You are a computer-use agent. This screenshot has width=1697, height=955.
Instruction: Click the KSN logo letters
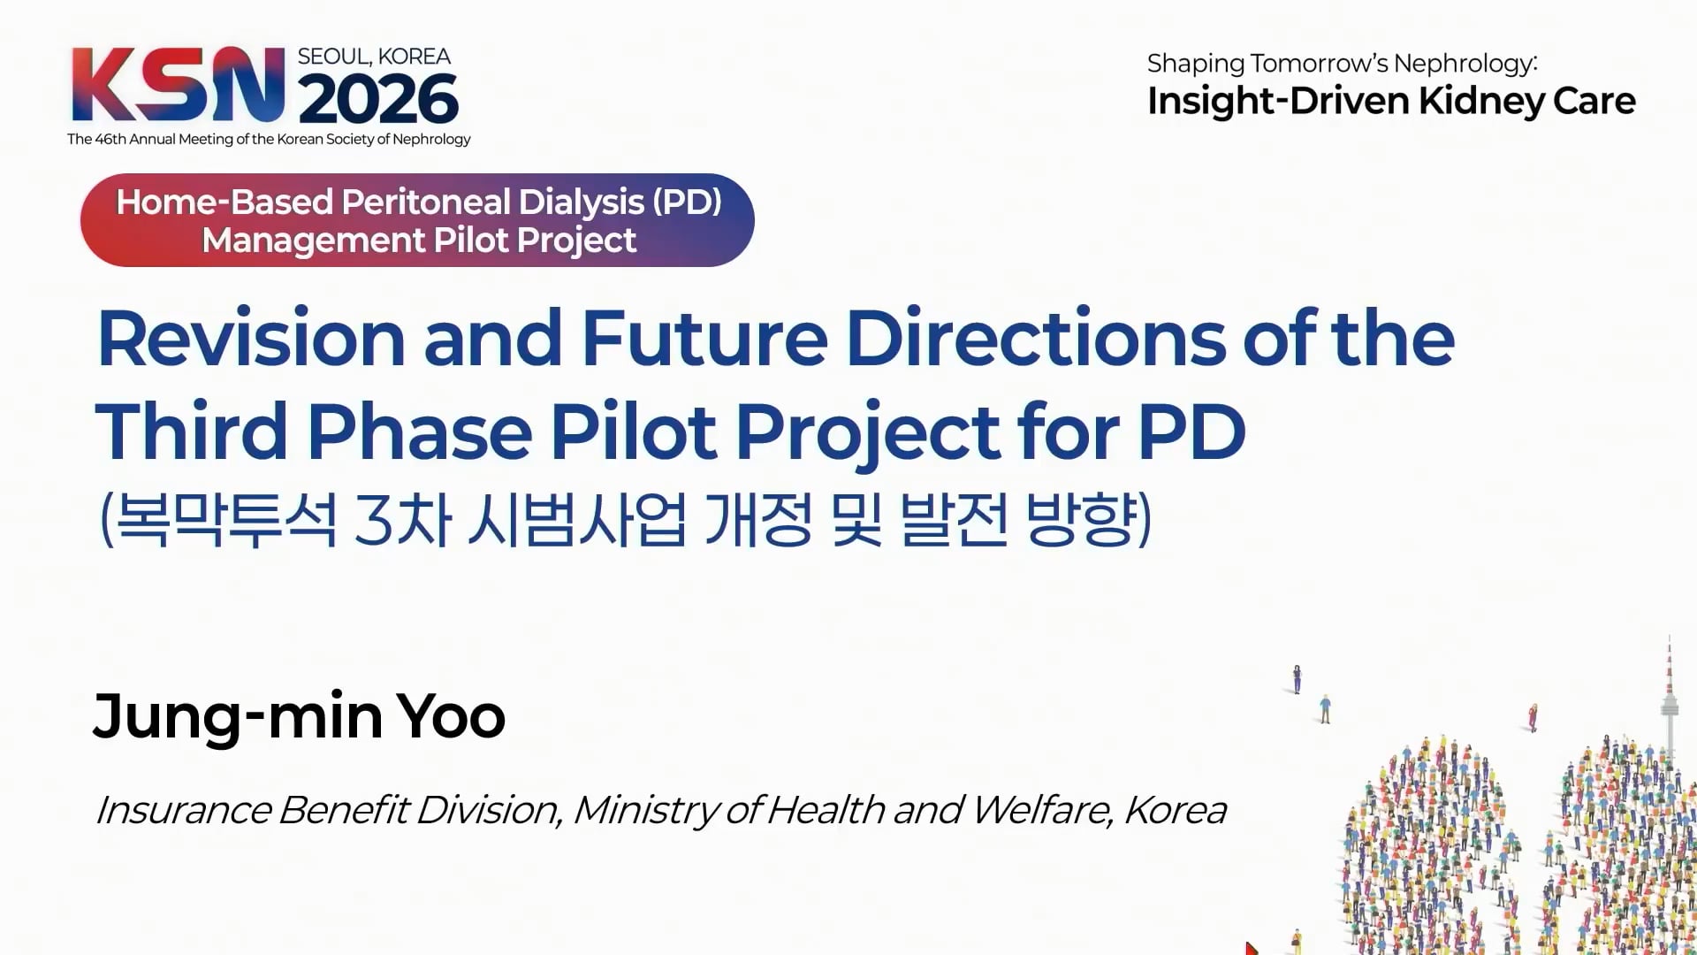[x=179, y=84]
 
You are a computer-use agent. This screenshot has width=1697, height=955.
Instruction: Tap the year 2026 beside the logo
[x=378, y=98]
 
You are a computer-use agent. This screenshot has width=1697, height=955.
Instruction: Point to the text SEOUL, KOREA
[x=374, y=57]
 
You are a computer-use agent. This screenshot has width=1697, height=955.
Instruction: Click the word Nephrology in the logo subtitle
[x=431, y=139]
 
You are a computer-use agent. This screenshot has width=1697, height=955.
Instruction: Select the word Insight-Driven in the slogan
[x=1277, y=102]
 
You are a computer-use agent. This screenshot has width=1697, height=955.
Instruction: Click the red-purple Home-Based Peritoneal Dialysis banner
[x=417, y=220]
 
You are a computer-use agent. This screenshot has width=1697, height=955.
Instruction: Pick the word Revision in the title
[x=252, y=338]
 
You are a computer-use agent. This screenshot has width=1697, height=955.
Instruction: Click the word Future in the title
[x=704, y=338]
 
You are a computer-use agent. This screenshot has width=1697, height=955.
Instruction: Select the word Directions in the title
[x=1036, y=338]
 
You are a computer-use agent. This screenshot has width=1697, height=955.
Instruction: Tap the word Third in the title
[x=191, y=432]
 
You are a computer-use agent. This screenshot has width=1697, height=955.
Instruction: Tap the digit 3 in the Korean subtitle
[x=372, y=520]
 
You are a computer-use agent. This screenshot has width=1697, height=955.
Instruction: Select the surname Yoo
[x=451, y=715]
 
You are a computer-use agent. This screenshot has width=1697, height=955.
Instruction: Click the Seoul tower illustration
[x=1669, y=699]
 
